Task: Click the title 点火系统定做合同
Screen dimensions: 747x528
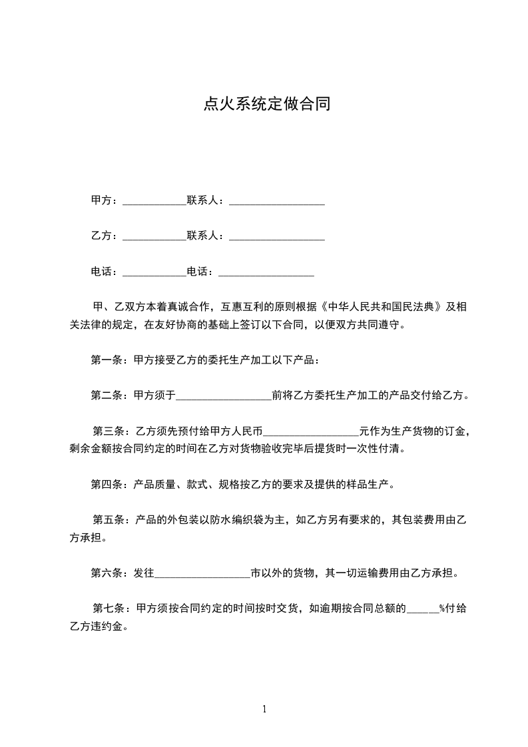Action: click(x=266, y=105)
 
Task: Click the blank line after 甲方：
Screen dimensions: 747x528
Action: click(x=154, y=201)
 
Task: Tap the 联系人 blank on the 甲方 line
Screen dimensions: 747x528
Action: click(x=276, y=201)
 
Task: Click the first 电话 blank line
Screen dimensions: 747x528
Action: click(x=154, y=272)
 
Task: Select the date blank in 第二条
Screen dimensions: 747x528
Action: click(x=224, y=397)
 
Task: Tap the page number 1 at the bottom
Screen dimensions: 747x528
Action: click(x=264, y=709)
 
